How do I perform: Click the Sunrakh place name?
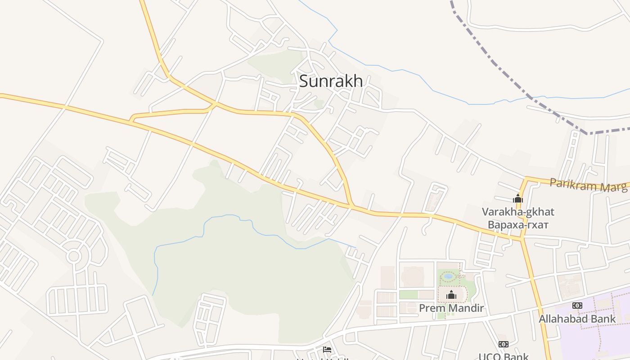click(331, 81)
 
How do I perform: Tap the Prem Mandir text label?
click(451, 308)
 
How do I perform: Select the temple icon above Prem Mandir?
click(451, 295)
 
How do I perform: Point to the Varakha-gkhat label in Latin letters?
click(518, 211)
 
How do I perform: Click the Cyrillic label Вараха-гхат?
click(518, 224)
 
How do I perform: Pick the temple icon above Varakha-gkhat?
click(518, 198)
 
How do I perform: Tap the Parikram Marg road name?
click(588, 185)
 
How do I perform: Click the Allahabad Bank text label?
click(577, 319)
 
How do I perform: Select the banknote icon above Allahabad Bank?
click(577, 306)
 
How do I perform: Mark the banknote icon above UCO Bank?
click(504, 344)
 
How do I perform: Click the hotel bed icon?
click(327, 350)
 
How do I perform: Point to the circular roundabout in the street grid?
click(73, 256)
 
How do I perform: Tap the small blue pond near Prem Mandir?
click(449, 276)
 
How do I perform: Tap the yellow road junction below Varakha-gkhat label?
click(522, 238)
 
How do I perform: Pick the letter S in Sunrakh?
click(304, 81)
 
